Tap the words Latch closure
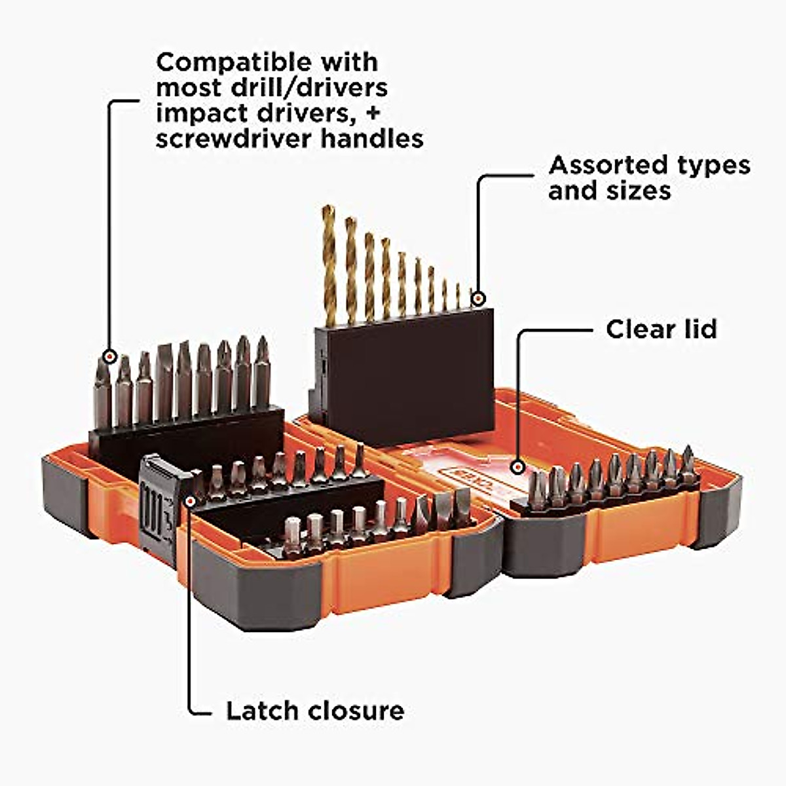pos(315,711)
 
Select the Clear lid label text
pos(661,329)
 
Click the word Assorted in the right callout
pos(603,165)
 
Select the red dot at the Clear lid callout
pos(519,468)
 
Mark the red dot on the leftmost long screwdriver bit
pos(109,357)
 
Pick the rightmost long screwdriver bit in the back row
pos(262,373)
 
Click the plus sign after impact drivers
pos(373,113)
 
